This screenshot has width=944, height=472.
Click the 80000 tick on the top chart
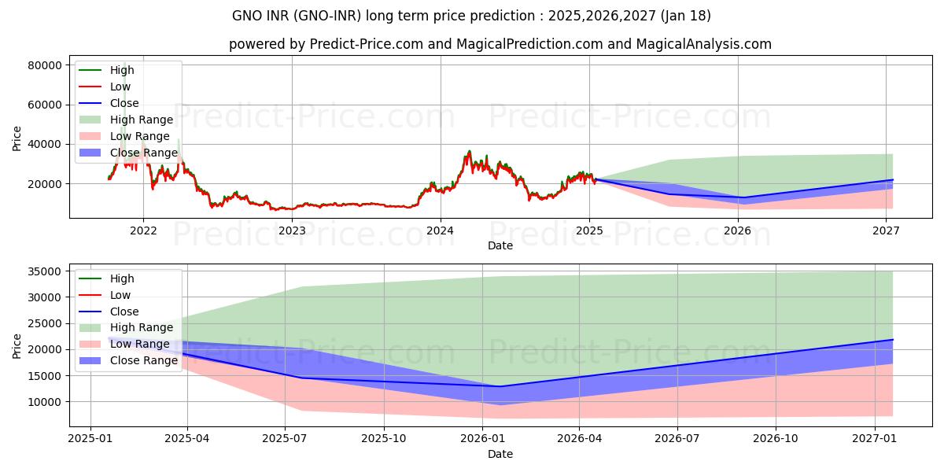(45, 65)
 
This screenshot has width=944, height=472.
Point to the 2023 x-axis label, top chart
(292, 230)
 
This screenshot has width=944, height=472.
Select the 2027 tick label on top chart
(886, 230)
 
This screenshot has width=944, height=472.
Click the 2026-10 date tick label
(776, 438)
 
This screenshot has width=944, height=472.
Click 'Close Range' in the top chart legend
(143, 153)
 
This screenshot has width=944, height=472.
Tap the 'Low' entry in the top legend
(120, 87)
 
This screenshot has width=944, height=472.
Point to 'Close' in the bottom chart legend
(124, 312)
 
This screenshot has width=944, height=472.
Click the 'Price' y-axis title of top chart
(17, 138)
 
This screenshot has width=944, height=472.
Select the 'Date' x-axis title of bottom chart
(500, 454)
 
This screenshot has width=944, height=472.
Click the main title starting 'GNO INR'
(471, 16)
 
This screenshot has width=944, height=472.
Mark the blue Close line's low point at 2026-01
(500, 386)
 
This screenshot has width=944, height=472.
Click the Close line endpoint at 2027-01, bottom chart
(893, 340)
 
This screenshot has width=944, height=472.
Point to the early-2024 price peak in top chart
(470, 151)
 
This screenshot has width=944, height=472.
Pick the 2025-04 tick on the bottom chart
(187, 438)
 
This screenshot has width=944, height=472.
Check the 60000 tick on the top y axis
(45, 105)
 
